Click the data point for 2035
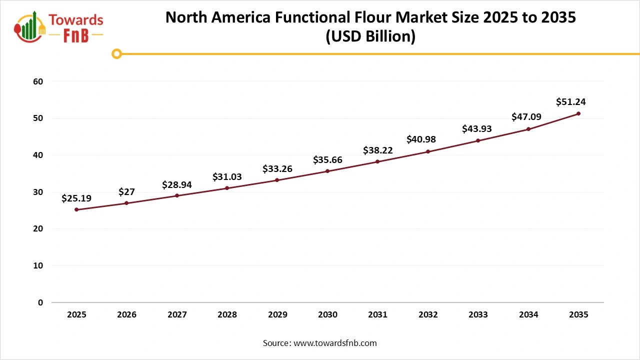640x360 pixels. tap(578, 113)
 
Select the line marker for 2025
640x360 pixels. tap(76, 209)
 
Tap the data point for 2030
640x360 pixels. tap(327, 171)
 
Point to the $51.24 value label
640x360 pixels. tap(570, 102)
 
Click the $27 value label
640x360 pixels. tap(126, 192)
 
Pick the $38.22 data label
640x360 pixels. tap(377, 150)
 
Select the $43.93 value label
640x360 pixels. tap(476, 128)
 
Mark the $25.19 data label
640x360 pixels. tap(76, 198)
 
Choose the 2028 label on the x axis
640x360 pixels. tap(227, 315)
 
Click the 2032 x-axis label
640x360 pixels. tap(428, 315)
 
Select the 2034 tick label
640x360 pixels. tap(528, 315)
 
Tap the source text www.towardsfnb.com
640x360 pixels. tap(335, 343)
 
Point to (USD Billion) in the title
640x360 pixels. tap(370, 37)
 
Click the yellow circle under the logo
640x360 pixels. tap(116, 53)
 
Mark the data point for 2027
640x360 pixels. tap(177, 195)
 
